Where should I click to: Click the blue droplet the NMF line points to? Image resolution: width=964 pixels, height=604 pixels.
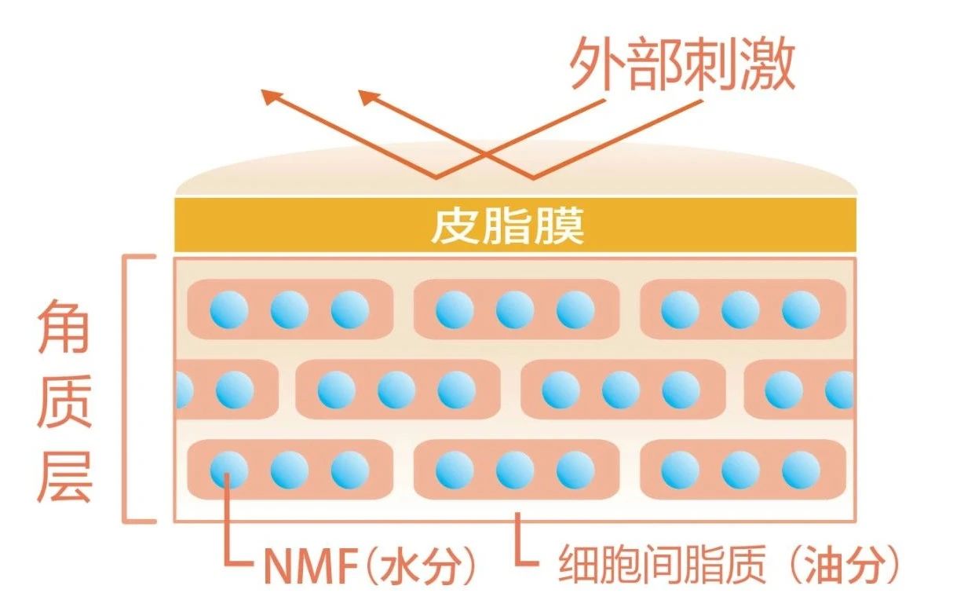tap(229, 470)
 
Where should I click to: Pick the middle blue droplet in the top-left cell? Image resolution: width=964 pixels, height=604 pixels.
tap(290, 310)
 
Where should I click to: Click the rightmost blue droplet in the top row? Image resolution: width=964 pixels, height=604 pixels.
tap(801, 310)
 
